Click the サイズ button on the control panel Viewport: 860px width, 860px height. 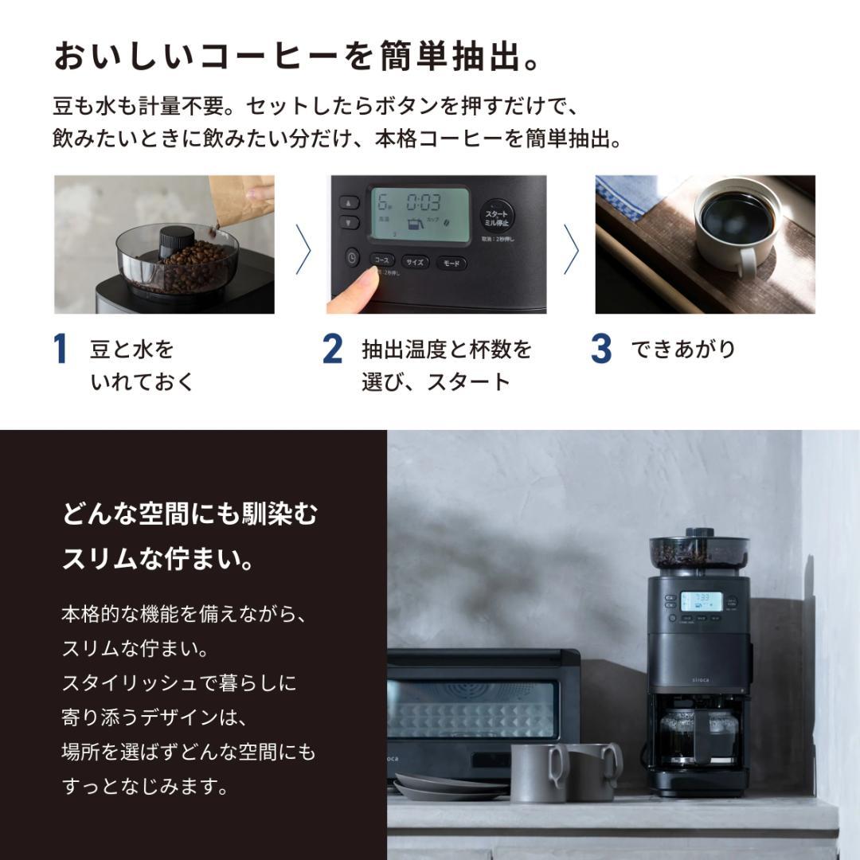click(x=414, y=262)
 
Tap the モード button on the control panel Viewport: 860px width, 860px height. click(x=451, y=263)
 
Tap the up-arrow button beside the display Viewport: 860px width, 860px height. click(x=349, y=202)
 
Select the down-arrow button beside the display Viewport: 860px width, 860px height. click(x=349, y=222)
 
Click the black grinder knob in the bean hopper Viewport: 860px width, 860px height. click(x=176, y=240)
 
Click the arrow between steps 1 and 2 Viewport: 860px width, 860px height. click(x=303, y=248)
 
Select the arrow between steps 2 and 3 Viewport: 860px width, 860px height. click(x=571, y=248)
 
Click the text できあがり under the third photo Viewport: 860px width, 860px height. click(x=683, y=350)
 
